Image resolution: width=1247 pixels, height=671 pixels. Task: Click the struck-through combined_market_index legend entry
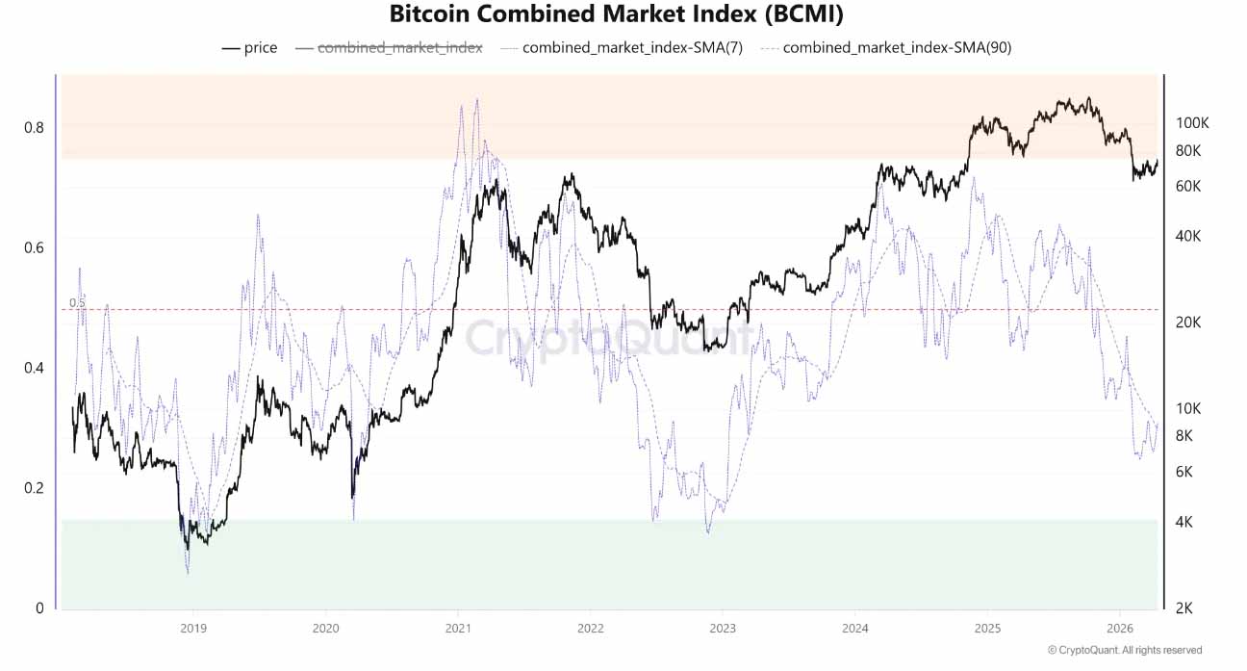[x=399, y=47]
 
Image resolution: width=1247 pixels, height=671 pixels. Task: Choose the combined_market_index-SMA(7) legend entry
[x=631, y=47]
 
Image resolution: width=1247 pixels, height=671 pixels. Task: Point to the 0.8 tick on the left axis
[x=33, y=127]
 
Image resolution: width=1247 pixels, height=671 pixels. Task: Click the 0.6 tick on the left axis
[x=33, y=247]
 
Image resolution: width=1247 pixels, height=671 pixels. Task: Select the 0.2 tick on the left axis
[x=33, y=487]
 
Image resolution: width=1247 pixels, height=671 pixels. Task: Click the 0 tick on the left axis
[x=38, y=607]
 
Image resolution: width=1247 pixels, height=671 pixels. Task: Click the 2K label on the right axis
[x=1185, y=607]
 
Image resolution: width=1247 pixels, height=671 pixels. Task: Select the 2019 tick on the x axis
[x=193, y=627]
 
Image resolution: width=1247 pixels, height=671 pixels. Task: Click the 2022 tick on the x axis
[x=590, y=627]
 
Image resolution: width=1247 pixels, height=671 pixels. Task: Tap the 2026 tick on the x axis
[x=1120, y=627]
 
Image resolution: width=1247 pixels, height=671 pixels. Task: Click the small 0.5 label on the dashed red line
[x=77, y=303]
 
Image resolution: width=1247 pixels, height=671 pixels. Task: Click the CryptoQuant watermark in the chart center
[x=608, y=339]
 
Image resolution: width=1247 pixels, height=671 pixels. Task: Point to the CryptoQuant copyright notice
[x=1124, y=650]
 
